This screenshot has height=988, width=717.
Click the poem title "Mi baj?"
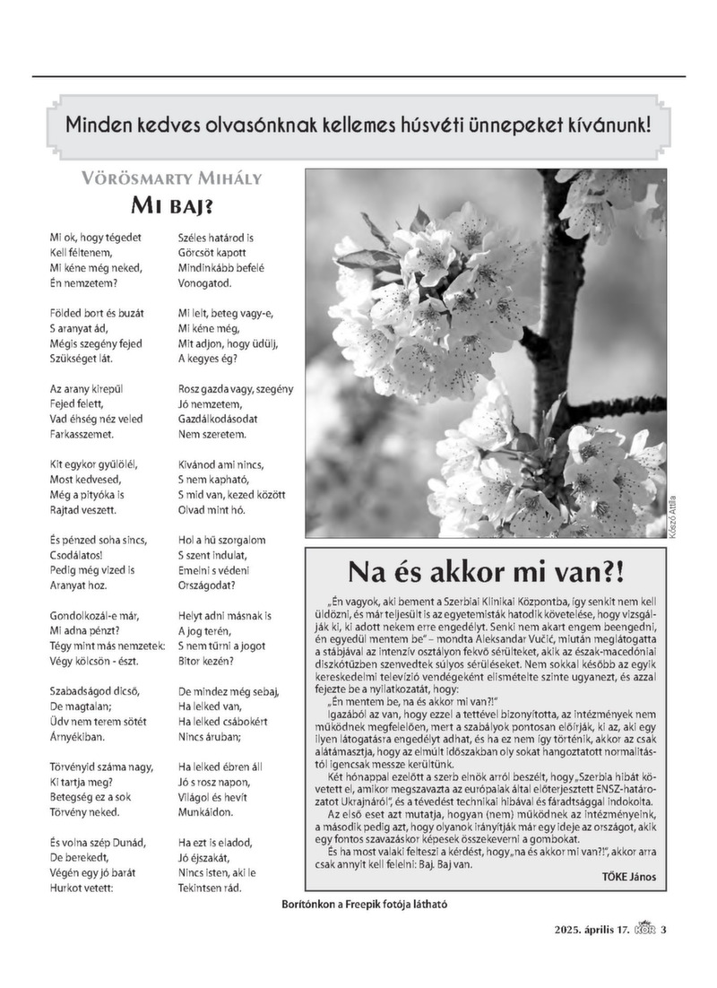point(171,207)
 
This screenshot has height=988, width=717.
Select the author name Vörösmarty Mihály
point(171,178)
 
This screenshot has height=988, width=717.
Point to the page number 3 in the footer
point(664,928)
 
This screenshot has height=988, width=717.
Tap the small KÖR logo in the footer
point(644,928)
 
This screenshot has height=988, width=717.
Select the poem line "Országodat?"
point(207,585)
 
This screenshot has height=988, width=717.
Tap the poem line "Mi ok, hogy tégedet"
point(96,238)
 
